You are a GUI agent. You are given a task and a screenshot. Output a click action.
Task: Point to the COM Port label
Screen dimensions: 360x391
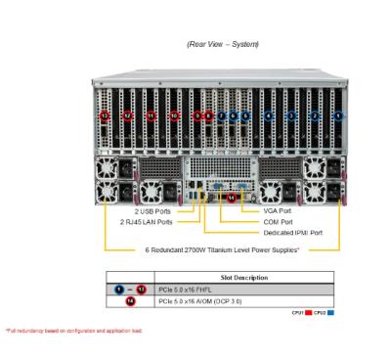(x=279, y=221)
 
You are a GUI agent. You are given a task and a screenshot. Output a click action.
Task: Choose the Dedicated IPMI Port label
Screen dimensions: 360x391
(x=293, y=233)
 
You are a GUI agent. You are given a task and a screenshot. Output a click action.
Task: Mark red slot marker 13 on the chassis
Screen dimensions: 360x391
(x=105, y=115)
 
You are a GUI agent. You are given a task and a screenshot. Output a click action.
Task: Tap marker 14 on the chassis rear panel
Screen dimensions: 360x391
(x=230, y=197)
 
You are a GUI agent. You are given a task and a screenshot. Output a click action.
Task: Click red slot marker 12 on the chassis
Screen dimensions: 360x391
(x=128, y=115)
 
